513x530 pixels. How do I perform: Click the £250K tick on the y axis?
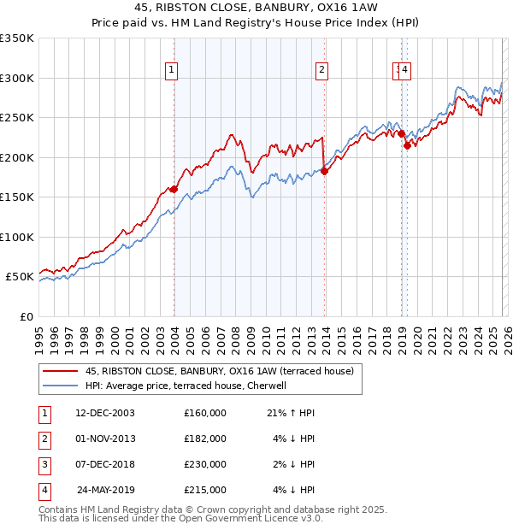click(17, 118)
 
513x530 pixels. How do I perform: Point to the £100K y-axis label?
click(17, 237)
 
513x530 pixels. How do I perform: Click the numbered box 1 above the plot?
click(173, 71)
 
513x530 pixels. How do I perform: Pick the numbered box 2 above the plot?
click(322, 71)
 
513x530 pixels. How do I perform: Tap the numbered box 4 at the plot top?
click(405, 71)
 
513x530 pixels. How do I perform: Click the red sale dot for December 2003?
click(174, 189)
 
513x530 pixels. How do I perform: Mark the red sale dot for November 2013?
click(324, 171)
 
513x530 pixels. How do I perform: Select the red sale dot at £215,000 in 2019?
click(408, 145)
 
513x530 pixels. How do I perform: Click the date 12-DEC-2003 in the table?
click(105, 413)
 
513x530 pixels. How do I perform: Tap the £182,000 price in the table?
click(205, 439)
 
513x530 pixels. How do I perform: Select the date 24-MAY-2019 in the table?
click(106, 490)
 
